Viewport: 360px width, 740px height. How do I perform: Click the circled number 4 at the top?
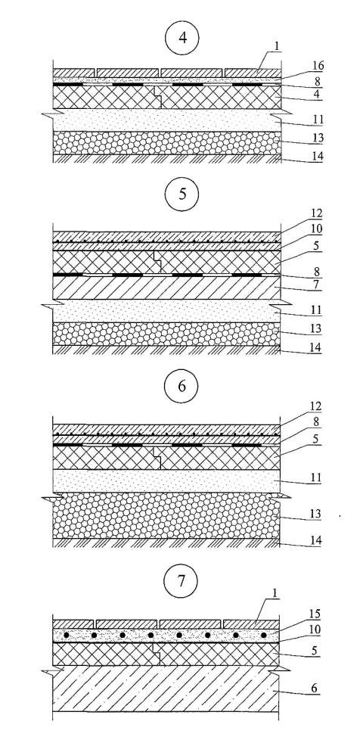(x=182, y=39)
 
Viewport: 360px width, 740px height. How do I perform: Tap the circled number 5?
(x=182, y=194)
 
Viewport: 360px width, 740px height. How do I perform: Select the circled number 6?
(x=182, y=387)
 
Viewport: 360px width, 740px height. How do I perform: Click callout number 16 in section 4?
(x=318, y=67)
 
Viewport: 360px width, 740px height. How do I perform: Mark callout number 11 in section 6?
(x=315, y=478)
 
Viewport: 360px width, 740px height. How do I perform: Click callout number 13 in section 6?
(x=315, y=515)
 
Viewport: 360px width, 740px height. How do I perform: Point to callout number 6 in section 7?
(x=317, y=689)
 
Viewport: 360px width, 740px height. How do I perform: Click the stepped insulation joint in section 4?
(x=157, y=97)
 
